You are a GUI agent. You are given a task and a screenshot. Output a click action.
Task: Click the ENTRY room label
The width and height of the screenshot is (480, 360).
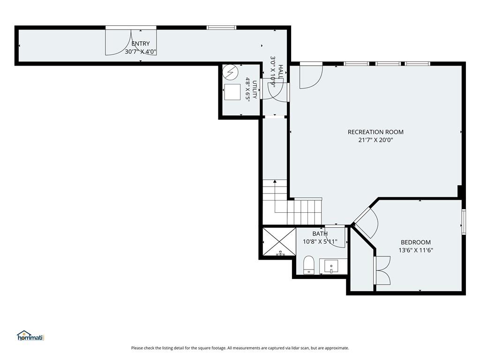tap(141, 44)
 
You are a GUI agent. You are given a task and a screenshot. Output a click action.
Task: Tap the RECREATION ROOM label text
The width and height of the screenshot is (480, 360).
tap(375, 132)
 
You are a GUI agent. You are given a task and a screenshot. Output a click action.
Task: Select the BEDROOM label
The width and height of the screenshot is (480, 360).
tap(416, 242)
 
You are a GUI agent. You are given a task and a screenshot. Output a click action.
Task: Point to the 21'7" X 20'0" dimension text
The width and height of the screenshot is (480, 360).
tap(375, 140)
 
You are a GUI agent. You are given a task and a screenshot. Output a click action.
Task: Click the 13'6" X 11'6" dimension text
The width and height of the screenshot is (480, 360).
tap(416, 250)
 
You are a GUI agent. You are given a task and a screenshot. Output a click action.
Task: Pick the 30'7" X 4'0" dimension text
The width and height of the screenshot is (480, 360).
tap(141, 52)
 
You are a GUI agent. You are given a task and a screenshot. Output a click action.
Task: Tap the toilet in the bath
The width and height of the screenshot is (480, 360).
tap(308, 265)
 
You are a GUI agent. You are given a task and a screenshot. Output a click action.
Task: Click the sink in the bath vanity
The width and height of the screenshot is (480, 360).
tap(331, 266)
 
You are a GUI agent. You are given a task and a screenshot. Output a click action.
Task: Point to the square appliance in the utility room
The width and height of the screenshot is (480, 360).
tap(232, 92)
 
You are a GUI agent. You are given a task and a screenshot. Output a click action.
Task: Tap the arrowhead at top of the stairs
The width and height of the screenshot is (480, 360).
tap(275, 181)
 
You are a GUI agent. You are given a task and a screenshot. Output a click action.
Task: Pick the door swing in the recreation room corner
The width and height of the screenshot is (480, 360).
tap(311, 75)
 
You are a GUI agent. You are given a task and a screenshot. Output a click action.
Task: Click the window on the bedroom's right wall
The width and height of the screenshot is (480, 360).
tap(464, 222)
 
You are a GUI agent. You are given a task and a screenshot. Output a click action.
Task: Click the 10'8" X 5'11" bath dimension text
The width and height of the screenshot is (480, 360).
tap(320, 241)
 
